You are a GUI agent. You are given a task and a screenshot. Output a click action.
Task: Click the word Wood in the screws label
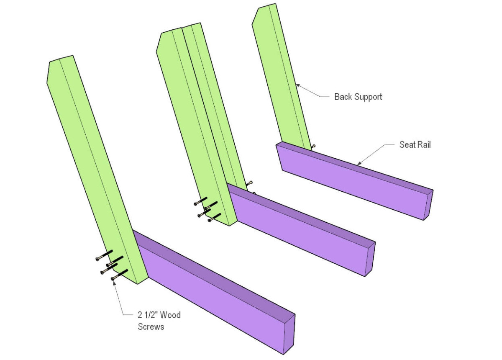click(170, 315)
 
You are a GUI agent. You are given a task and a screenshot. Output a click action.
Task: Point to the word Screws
click(151, 327)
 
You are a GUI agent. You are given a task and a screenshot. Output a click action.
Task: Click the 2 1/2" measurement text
click(148, 315)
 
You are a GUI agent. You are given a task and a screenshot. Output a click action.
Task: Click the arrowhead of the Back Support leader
click(297, 85)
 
